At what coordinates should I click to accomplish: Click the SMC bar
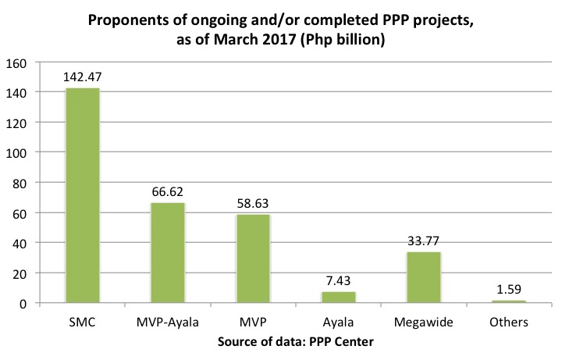(x=82, y=195)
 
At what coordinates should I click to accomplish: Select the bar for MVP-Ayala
(x=168, y=253)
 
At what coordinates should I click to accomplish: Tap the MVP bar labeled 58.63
(x=253, y=258)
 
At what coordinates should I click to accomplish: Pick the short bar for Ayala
(x=339, y=298)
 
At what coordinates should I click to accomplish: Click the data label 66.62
(x=168, y=191)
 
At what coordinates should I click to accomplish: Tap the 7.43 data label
(x=339, y=280)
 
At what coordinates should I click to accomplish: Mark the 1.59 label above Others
(x=509, y=289)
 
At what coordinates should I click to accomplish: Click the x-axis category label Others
(x=509, y=321)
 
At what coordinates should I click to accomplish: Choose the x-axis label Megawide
(x=424, y=321)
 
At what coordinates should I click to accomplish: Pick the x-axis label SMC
(x=82, y=321)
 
